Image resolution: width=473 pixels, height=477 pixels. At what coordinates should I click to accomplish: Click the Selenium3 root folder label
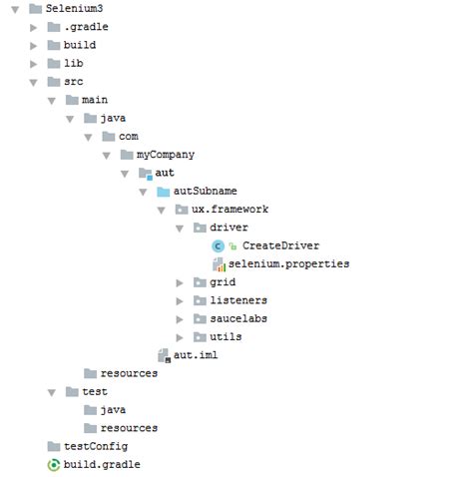[74, 8]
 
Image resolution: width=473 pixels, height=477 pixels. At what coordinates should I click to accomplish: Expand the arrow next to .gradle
[33, 27]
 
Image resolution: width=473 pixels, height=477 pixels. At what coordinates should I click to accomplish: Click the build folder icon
[54, 45]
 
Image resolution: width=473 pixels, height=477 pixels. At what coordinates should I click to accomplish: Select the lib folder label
[74, 63]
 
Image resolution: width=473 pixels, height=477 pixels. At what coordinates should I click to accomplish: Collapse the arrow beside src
[33, 82]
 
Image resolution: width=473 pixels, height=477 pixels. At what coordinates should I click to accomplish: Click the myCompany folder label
[166, 155]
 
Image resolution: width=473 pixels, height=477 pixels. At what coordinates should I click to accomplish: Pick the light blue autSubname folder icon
[164, 192]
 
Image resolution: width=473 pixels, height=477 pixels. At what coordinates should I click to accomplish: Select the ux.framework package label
[230, 210]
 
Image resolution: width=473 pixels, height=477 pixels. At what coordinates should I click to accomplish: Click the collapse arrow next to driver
[180, 229]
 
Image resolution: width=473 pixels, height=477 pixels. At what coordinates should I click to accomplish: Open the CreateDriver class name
[280, 245]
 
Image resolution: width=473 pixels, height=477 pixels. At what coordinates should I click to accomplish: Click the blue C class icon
[218, 246]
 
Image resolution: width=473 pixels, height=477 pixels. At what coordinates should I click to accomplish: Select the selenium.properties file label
[288, 263]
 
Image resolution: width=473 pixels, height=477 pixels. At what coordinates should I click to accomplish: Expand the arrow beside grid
[180, 282]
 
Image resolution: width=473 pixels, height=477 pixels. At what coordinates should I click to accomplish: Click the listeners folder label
[238, 300]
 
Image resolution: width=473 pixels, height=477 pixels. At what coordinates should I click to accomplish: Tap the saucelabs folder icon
[200, 318]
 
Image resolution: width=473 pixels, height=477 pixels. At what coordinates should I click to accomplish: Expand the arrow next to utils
[180, 337]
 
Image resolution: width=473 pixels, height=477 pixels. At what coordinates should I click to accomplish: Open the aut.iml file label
[196, 355]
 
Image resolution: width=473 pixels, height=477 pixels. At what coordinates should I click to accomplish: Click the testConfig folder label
[96, 446]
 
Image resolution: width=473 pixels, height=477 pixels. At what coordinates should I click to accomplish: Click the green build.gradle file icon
[54, 465]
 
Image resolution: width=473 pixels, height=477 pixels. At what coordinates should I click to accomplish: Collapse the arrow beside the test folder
[52, 393]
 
